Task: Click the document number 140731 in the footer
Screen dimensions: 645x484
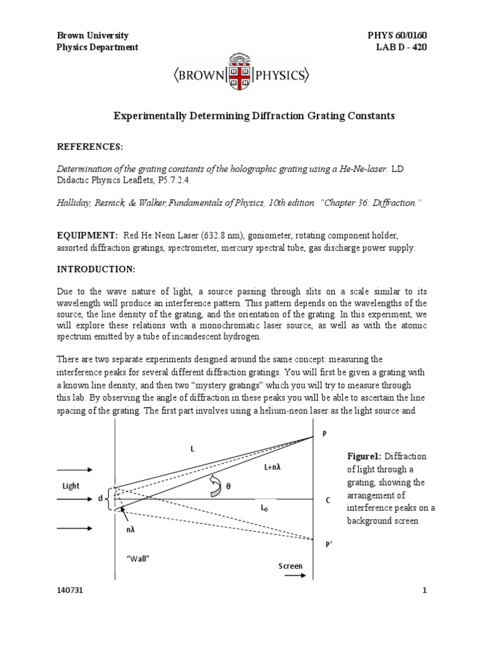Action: coord(69,590)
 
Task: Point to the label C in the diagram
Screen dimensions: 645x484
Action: coord(328,500)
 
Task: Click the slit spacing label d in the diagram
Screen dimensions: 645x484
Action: coord(100,498)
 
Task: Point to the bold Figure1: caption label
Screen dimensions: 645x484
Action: coord(366,455)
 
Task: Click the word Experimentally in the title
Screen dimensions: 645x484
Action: coord(148,116)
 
